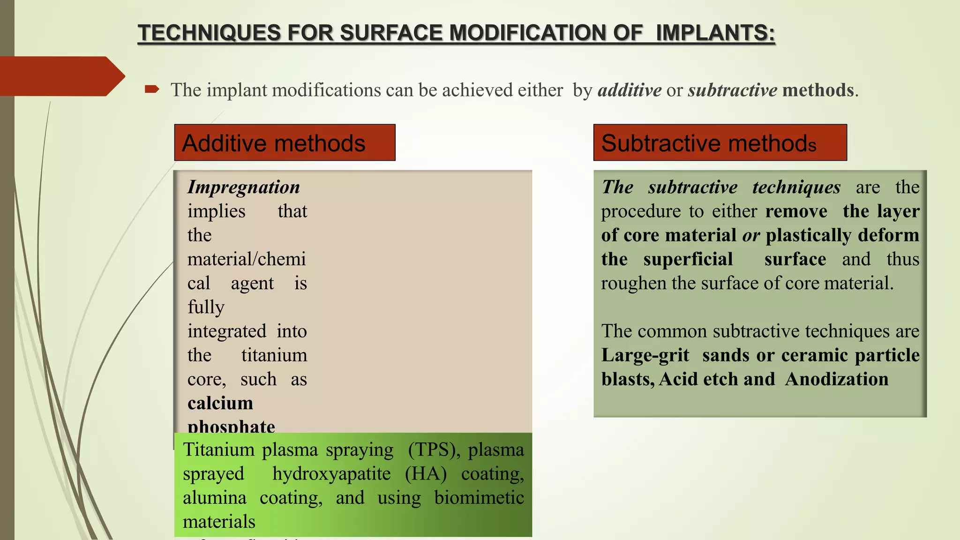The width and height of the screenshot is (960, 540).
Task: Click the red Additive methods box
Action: [x=285, y=142]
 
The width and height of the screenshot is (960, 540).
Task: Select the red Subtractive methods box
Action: [x=720, y=142]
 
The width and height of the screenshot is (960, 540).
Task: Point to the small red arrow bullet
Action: [x=152, y=89]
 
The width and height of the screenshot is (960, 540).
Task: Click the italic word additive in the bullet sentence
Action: [x=630, y=90]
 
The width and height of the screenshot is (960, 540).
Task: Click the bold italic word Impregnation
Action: [x=243, y=187]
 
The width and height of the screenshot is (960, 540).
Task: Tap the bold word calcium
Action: [x=220, y=403]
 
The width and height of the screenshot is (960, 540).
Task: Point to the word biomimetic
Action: [x=479, y=497]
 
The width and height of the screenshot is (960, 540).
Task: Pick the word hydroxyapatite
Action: [x=331, y=473]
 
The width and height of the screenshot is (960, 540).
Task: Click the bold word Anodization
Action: [x=837, y=379]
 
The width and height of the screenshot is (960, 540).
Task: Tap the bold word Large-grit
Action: [x=645, y=355]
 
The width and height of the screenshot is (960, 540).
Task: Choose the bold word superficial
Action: [x=688, y=259]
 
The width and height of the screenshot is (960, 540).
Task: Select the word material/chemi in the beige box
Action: [x=247, y=259]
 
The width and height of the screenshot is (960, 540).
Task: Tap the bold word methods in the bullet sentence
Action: [x=818, y=90]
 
